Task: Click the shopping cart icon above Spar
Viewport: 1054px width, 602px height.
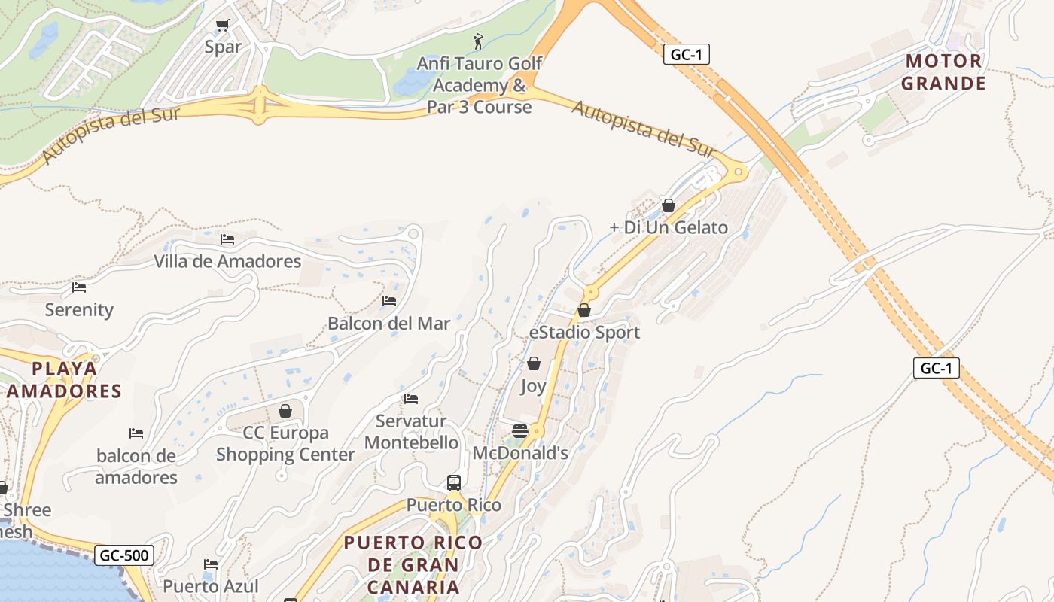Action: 222,26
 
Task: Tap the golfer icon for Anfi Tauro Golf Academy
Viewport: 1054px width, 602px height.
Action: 478,41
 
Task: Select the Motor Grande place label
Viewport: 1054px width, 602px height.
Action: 943,72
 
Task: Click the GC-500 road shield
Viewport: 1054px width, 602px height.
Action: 125,556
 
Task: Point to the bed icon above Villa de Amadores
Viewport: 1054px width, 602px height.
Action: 227,239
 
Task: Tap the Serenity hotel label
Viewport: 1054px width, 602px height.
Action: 79,309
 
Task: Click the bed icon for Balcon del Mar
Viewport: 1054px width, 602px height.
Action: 388,301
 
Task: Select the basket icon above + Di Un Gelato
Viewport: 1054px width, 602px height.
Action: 668,205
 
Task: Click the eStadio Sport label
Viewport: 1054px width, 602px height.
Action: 584,332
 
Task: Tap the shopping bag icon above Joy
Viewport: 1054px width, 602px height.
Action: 533,364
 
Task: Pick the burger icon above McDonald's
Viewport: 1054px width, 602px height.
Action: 519,431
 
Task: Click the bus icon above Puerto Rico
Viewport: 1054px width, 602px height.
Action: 453,482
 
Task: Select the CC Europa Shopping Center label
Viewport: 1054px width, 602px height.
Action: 285,443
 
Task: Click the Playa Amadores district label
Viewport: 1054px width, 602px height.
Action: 65,380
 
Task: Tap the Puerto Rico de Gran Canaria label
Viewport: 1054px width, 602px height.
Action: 413,564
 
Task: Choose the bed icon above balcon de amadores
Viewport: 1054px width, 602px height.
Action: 136,433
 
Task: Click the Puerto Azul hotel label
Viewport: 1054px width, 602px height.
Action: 211,586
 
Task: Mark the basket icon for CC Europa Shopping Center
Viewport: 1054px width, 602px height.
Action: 285,411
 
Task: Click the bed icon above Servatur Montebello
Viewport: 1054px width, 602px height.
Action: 410,399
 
